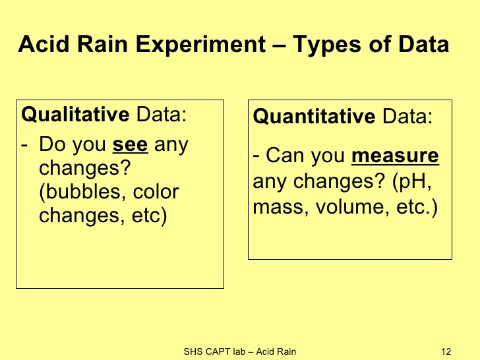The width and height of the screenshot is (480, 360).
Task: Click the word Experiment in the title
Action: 200,45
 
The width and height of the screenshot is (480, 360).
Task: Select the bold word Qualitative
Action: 75,114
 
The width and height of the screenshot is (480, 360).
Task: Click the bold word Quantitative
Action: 314,116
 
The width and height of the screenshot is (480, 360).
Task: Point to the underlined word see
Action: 130,144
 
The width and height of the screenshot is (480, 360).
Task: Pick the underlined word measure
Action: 395,156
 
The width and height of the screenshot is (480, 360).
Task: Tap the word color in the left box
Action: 156,192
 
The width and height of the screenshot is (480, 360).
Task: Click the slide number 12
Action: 446,351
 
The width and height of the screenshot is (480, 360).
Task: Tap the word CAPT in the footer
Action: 218,351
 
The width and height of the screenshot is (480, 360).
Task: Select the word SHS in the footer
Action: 193,351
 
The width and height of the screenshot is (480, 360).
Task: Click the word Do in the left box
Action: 51,144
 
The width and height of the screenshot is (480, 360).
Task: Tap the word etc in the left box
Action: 147,216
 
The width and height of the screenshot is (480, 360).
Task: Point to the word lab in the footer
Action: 239,351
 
